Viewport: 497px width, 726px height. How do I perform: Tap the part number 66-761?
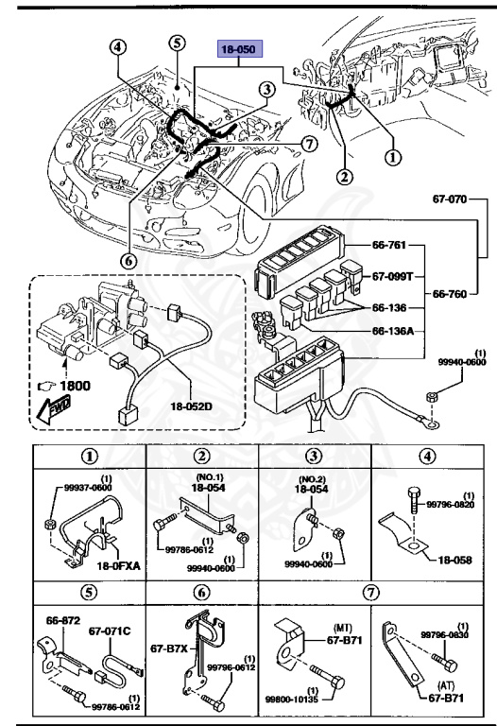point(387,246)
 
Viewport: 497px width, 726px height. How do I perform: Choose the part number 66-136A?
point(392,332)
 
